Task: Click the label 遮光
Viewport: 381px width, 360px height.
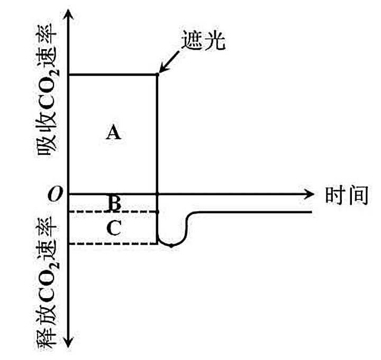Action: coord(203,42)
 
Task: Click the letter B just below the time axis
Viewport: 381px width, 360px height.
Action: coord(114,203)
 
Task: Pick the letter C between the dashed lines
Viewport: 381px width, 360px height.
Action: coord(114,228)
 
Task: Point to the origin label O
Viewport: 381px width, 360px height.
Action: coord(53,195)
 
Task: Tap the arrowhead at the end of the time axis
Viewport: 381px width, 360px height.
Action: coord(308,194)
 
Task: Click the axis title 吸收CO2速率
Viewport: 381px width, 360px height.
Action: coord(49,101)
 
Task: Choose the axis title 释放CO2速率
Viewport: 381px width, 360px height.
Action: coord(49,288)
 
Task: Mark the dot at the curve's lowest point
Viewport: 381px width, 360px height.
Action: coord(171,246)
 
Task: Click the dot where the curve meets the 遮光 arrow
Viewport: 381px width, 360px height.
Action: coord(158,75)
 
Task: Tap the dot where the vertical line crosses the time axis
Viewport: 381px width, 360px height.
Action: coord(158,194)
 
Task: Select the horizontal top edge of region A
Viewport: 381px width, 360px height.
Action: coord(113,75)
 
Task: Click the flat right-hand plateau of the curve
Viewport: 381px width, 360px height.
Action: coord(254,213)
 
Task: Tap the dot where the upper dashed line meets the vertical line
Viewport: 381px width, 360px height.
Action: coord(158,212)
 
